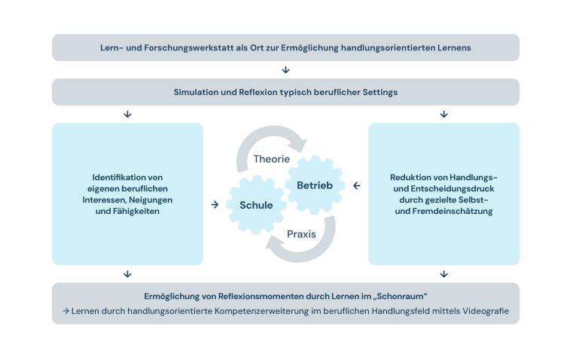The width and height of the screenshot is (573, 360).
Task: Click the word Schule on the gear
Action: (x=256, y=205)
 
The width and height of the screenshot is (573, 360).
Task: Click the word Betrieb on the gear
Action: (x=314, y=185)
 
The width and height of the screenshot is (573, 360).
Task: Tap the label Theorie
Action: (x=271, y=159)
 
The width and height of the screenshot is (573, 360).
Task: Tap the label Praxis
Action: (x=301, y=234)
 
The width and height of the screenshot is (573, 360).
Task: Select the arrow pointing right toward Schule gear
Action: (x=215, y=205)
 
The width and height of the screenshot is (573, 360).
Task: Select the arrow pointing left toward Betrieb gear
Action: (x=356, y=186)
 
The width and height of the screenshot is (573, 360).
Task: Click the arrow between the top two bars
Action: (x=285, y=70)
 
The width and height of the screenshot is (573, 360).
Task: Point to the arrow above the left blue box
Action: (x=127, y=114)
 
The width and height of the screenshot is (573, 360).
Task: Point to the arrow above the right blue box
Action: (x=443, y=114)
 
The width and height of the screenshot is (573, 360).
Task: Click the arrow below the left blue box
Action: (x=127, y=274)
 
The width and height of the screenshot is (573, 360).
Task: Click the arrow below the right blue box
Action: (x=443, y=274)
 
